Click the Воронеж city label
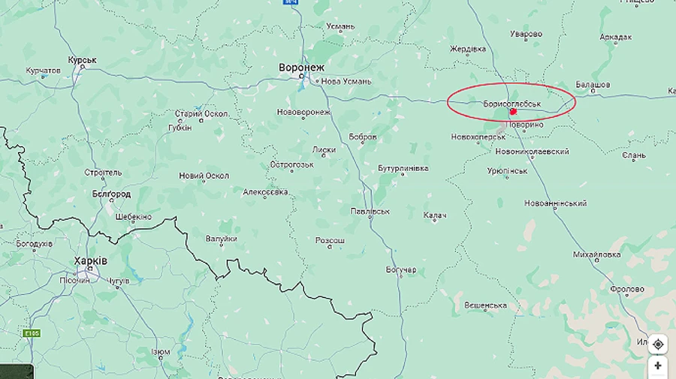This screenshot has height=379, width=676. (302, 67)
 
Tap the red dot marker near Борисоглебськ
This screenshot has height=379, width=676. (513, 112)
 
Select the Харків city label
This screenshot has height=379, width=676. (91, 260)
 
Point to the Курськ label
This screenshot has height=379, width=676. (82, 60)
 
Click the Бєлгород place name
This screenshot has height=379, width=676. (111, 194)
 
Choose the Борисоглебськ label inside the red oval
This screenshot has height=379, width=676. (512, 104)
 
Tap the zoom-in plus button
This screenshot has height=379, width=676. (658, 366)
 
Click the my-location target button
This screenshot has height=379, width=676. (658, 344)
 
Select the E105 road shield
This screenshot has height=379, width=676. (31, 333)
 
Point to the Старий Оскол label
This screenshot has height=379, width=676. (202, 114)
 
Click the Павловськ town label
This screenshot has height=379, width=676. (370, 212)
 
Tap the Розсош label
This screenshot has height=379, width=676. (330, 241)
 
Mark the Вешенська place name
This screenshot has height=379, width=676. (485, 305)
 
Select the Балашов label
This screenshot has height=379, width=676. (593, 85)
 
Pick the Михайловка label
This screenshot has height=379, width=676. (596, 254)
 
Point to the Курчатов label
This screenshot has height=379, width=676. (43, 71)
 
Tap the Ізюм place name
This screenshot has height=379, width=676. (161, 351)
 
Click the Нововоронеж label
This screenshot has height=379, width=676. (303, 113)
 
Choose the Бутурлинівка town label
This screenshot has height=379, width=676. (403, 168)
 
